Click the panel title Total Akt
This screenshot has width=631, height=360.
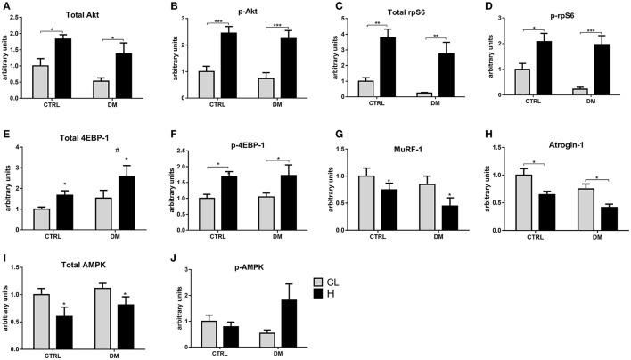click(80, 15)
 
